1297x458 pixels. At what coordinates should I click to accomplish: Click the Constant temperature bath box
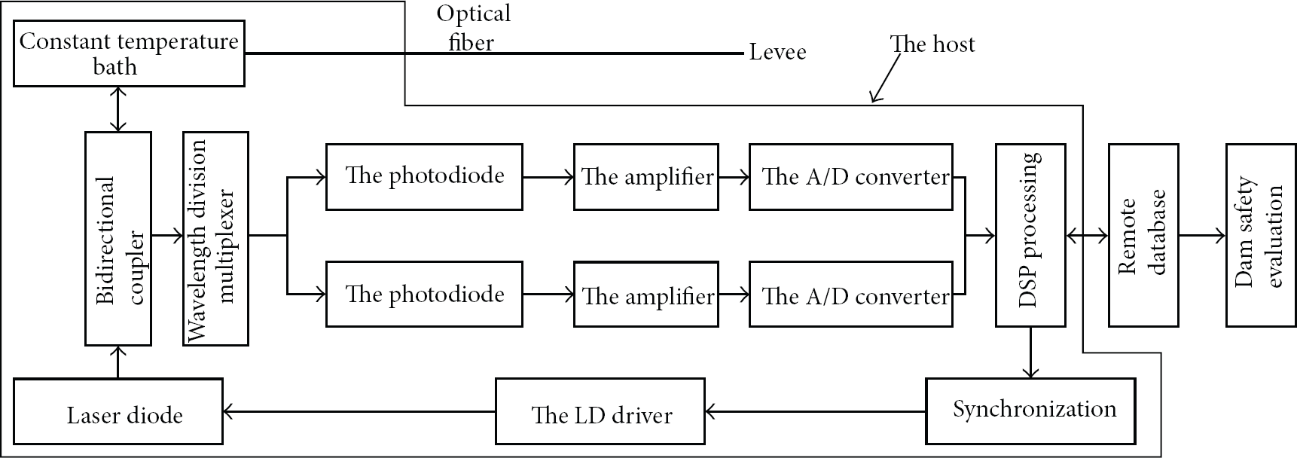pos(130,53)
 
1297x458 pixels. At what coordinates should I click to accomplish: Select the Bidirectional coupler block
pos(118,238)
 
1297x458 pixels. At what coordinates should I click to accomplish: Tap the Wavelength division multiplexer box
pos(215,238)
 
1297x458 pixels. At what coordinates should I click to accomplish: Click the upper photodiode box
pos(424,176)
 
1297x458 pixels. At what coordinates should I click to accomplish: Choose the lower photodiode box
pos(424,294)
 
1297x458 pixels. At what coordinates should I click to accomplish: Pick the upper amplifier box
pos(646,176)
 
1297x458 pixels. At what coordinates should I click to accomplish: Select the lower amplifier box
pos(646,294)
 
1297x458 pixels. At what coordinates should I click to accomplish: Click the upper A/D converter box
pos(851,176)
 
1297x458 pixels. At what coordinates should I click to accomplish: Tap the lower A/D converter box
pos(851,294)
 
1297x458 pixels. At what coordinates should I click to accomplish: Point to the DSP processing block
pos(1030,235)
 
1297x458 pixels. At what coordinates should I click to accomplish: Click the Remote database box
pos(1143,235)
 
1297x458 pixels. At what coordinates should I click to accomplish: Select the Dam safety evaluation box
pos(1262,235)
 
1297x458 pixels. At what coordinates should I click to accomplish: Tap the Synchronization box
pos(1031,411)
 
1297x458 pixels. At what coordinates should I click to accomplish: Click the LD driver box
pos(600,411)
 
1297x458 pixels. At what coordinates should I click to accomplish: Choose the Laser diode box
pos(118,411)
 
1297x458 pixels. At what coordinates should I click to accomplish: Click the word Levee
pos(777,52)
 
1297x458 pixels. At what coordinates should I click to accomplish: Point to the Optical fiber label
pos(473,27)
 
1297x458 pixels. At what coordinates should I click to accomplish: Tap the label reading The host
pos(932,44)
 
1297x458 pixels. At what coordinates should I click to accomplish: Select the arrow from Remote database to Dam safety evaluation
pos(1202,236)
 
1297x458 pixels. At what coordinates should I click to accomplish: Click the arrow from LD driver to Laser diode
pos(359,411)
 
